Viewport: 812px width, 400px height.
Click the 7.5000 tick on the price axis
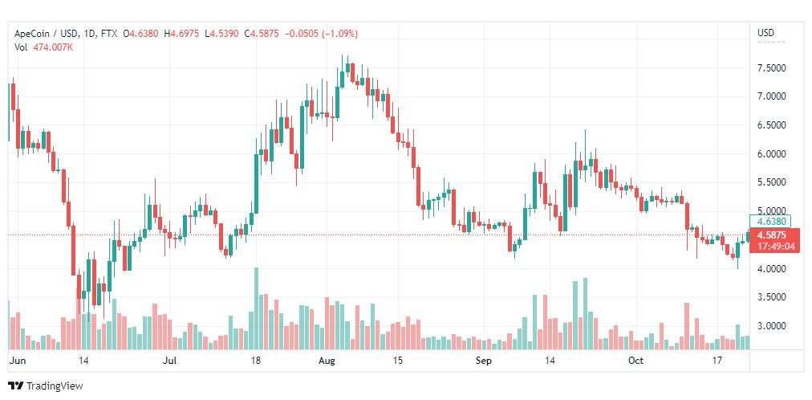772,68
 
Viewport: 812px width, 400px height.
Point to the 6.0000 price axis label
772,154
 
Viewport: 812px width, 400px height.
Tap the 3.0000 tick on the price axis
772,326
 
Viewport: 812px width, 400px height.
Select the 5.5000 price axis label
772,182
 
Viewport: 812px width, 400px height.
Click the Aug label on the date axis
327,360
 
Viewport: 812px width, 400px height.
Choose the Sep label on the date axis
483,360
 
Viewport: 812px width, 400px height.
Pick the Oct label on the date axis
635,360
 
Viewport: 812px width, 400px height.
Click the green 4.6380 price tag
770,221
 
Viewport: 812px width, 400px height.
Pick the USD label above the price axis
766,33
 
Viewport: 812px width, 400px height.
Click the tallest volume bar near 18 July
256,308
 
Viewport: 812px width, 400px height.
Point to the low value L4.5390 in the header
222,34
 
